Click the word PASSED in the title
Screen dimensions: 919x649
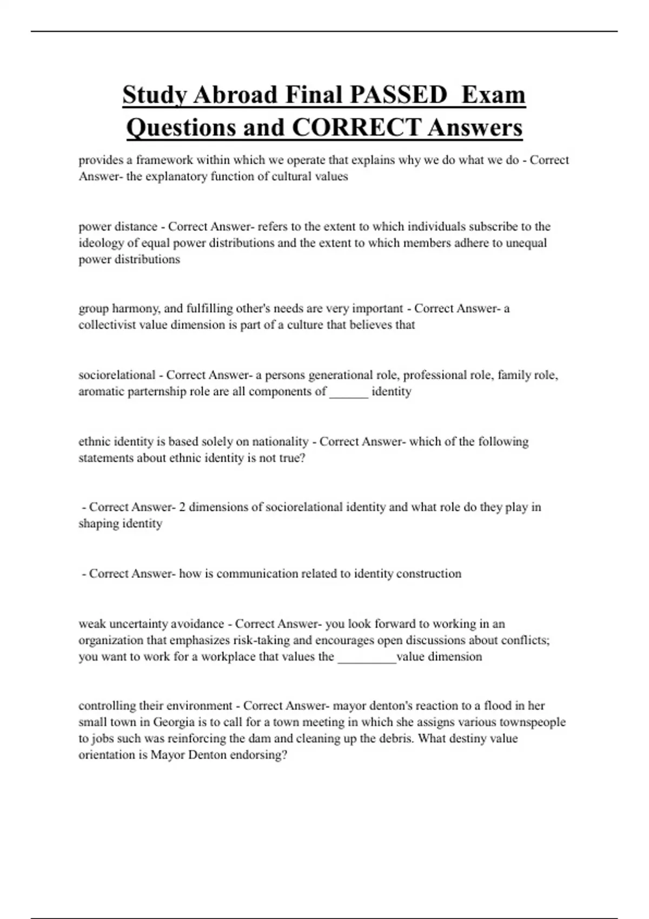398,95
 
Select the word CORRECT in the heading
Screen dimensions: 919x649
356,128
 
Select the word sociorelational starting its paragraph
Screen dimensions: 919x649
117,375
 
